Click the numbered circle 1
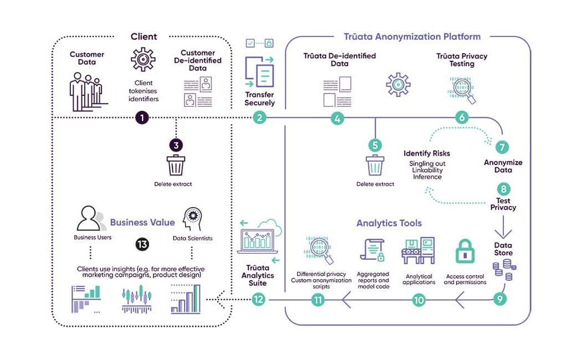tap(142, 117)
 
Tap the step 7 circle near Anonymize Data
tap(502, 147)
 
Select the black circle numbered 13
tap(142, 244)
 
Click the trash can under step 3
tap(176, 165)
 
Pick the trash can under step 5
tap(375, 165)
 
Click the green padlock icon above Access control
tap(464, 252)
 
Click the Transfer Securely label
tap(259, 99)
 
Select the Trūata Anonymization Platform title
tap(412, 37)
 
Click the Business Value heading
tap(142, 222)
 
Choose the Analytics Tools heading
tap(389, 223)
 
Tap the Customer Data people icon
tap(86, 89)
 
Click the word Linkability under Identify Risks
tap(427, 170)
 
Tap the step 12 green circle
tap(258, 300)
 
